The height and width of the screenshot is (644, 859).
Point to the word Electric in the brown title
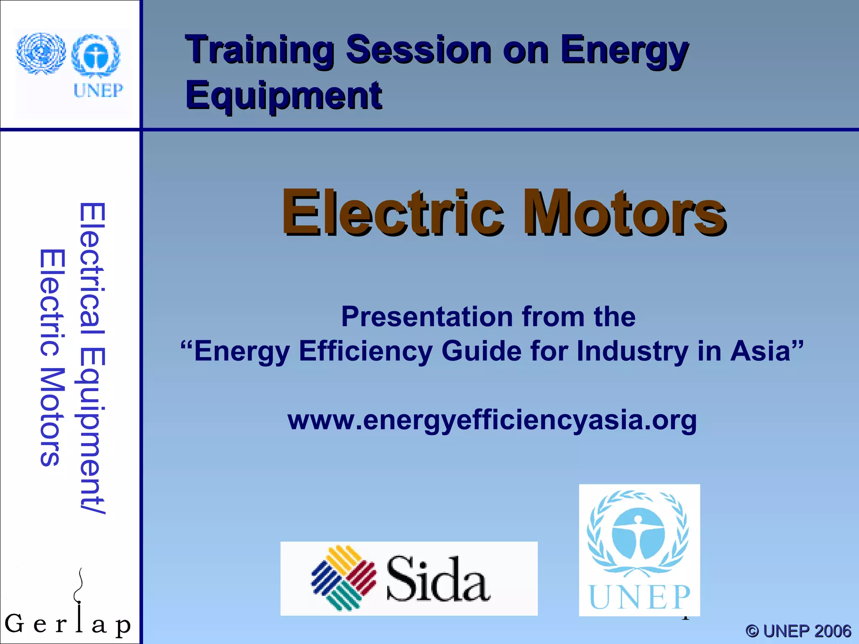coord(392,213)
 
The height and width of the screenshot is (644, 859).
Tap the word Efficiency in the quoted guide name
coord(365,351)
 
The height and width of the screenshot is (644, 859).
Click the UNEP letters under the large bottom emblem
coord(639,597)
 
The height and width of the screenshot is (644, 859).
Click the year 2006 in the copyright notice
coord(833,631)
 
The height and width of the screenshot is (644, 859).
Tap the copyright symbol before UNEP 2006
coord(752,631)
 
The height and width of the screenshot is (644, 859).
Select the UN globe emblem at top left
coord(41,54)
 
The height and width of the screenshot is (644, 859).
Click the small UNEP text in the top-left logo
coord(98,90)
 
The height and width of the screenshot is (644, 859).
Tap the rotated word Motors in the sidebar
coord(52,417)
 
